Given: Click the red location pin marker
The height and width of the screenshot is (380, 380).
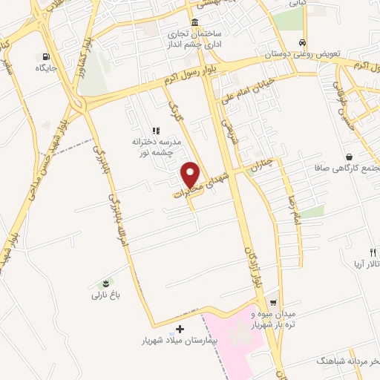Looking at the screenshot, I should [x=191, y=174].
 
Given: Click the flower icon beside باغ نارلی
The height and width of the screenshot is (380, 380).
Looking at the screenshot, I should [x=105, y=284].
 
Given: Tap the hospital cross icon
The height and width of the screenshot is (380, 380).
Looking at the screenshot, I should [x=178, y=329].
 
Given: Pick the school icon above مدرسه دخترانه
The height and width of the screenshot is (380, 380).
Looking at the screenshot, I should [x=156, y=131].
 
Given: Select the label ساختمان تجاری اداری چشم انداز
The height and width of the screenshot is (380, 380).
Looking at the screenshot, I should [x=194, y=39].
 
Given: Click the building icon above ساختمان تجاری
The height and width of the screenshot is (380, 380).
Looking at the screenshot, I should [x=194, y=22].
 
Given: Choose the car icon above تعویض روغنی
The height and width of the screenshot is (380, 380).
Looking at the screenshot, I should [x=301, y=42].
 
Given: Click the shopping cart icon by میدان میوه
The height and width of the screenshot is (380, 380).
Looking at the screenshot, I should [x=273, y=302].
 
